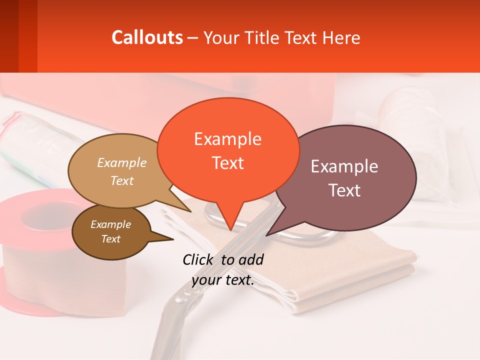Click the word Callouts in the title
tap(147, 37)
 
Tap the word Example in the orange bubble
tap(227, 138)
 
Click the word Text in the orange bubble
tap(227, 162)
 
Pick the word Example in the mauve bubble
tap(344, 166)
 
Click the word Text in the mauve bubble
tap(344, 190)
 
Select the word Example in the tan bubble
tap(122, 162)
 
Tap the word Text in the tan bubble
tap(122, 180)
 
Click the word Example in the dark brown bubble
tap(110, 224)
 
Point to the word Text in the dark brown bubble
tap(110, 239)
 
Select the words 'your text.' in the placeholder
tap(223, 280)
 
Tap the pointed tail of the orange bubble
tap(230, 225)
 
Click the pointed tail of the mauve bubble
tap(272, 230)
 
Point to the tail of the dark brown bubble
tap(167, 239)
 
